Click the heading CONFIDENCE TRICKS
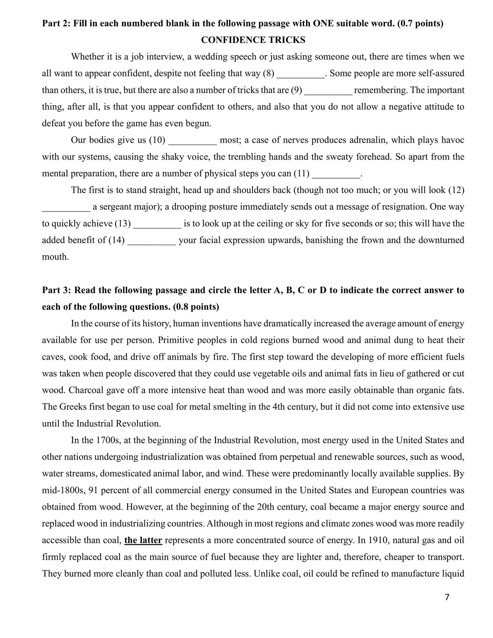253,40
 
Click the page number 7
447,597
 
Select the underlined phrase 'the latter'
143,540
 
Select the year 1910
378,540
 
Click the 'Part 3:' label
57,290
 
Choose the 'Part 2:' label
57,23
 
